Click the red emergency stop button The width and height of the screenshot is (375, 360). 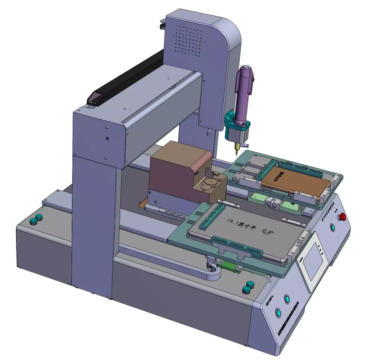(342, 216)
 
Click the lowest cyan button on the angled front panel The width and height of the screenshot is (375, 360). (277, 312)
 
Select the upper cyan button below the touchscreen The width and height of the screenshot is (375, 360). (287, 298)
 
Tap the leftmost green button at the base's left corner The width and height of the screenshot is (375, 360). (33, 221)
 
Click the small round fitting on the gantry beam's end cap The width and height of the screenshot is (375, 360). (108, 138)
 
